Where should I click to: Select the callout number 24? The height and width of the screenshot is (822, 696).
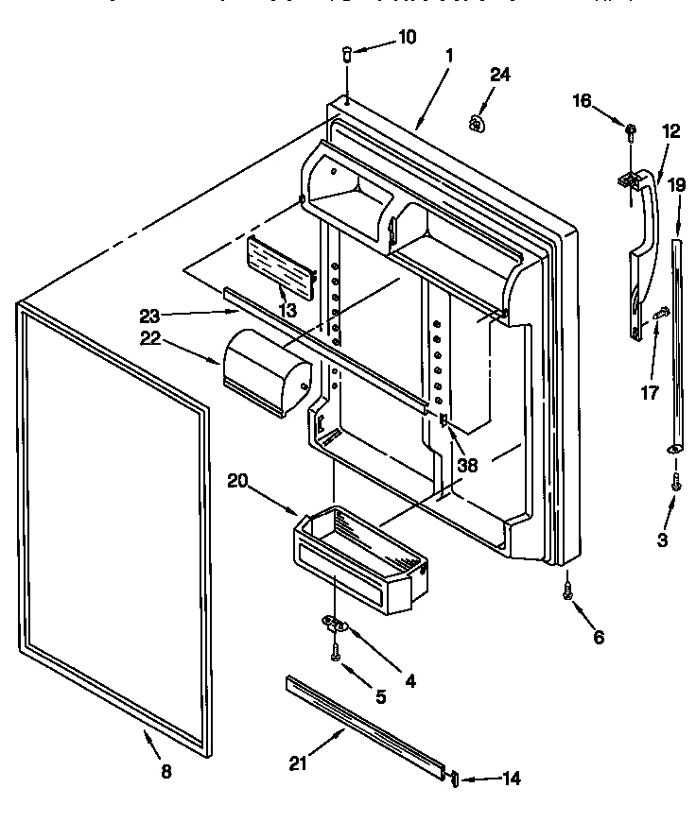coord(499,76)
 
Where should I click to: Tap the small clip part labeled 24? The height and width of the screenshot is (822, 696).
coord(478,121)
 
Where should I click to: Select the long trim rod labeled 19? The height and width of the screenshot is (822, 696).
coord(676,340)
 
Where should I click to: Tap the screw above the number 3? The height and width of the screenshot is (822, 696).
coord(676,481)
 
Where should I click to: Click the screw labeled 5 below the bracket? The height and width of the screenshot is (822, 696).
coord(335,651)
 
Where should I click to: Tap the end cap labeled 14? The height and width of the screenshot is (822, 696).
coord(453,778)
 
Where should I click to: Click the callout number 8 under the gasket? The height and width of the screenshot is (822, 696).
coord(165,771)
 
